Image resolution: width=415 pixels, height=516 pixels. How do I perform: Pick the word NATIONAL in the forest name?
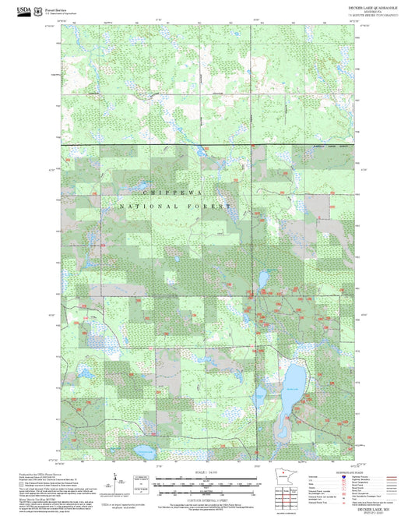[148, 207]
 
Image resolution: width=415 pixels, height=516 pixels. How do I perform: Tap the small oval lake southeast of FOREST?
[263, 277]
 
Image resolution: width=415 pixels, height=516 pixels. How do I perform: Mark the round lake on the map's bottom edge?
[143, 451]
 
